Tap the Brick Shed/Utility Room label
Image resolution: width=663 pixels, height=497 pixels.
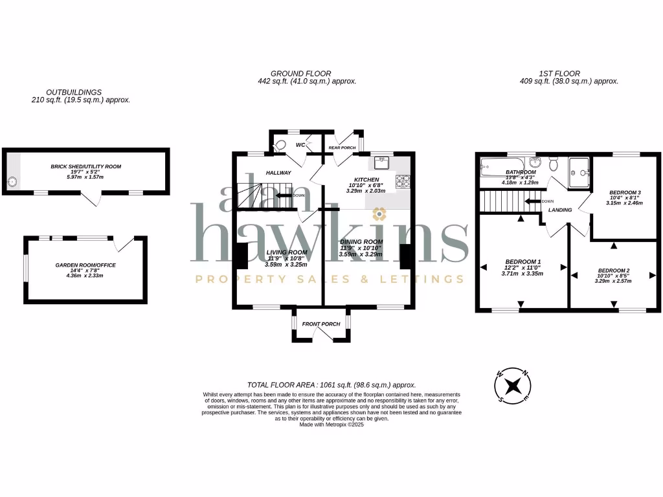(86, 166)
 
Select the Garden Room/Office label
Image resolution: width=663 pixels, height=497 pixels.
(85, 265)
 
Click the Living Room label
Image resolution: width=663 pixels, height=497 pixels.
(286, 252)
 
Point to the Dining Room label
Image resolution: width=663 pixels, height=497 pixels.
(361, 241)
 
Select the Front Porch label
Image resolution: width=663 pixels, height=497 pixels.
(321, 324)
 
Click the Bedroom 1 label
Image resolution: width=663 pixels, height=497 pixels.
(521, 261)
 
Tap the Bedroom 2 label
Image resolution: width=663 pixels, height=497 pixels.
(613, 270)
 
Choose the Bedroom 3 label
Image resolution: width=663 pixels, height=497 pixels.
(625, 192)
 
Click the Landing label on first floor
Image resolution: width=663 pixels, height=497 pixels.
(560, 210)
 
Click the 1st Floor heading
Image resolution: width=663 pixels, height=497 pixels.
(559, 74)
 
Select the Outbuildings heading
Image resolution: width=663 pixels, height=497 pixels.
(74, 93)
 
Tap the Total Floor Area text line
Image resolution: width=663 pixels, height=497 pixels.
(331, 384)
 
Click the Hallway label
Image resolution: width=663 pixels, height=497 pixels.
(278, 173)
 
